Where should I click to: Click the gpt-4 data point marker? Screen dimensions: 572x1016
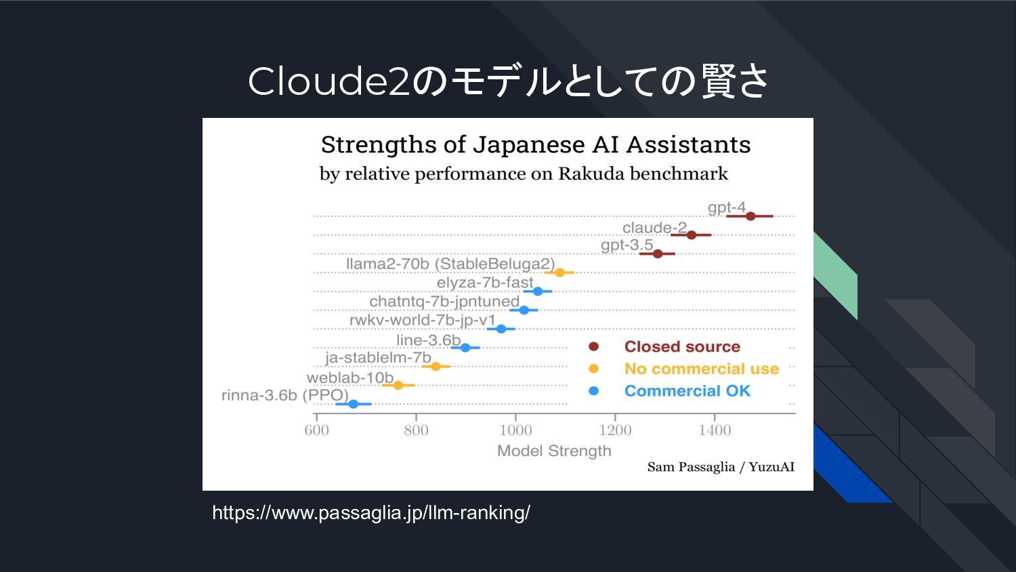(x=750, y=216)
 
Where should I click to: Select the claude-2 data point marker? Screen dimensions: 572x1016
(x=692, y=235)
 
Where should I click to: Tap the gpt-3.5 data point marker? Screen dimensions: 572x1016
(x=658, y=254)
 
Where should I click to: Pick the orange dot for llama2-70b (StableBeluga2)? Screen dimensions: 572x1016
(x=559, y=272)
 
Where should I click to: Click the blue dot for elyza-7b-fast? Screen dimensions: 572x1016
(x=538, y=291)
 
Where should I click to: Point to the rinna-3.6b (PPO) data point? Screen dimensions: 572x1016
(x=353, y=404)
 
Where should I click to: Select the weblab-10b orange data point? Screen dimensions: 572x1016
(x=398, y=385)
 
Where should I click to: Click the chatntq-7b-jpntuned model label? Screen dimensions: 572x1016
(x=444, y=301)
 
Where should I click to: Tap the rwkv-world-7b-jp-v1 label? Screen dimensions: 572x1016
(x=423, y=320)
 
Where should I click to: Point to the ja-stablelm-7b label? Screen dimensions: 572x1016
(x=378, y=357)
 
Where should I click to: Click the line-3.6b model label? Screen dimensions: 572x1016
(x=428, y=340)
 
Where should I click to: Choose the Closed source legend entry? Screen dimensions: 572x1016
(x=682, y=346)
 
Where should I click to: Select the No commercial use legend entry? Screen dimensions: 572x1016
(x=701, y=369)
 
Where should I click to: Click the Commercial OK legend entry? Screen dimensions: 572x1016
(x=687, y=391)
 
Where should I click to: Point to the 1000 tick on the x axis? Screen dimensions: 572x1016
(x=515, y=430)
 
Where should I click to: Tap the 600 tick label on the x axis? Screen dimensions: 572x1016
(x=316, y=430)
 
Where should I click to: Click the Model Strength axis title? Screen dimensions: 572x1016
(x=554, y=451)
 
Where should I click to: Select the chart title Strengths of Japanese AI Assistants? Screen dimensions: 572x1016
(x=536, y=144)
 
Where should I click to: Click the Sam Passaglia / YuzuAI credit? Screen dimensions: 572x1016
(x=721, y=467)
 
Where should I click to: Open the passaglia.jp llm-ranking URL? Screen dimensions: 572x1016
(x=371, y=512)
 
